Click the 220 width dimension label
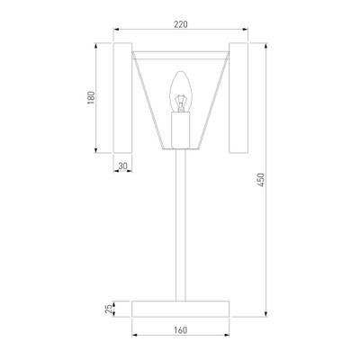click(181, 24)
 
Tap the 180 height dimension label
click(91, 97)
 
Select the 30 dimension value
click(123, 166)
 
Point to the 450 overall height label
click(261, 180)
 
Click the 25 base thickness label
click(109, 309)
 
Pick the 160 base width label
click(180, 330)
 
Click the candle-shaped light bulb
click(180, 92)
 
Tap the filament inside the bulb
click(180, 103)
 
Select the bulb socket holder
click(180, 130)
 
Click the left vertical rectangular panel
click(122, 98)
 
